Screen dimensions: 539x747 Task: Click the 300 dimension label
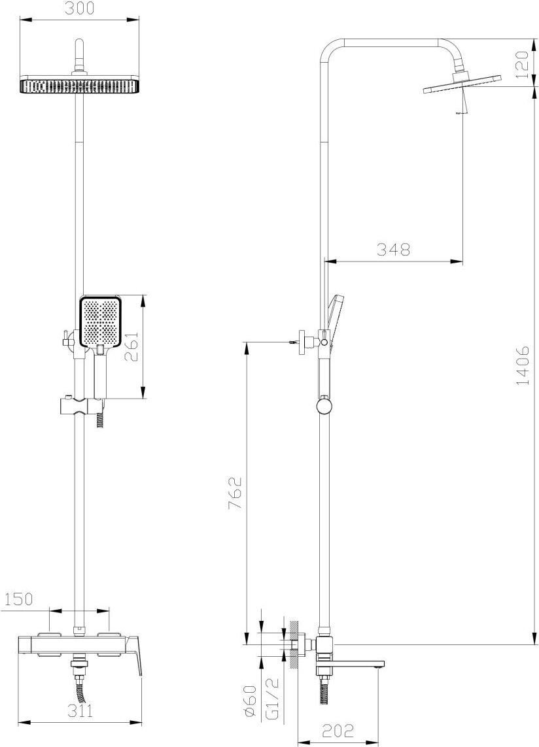(80, 8)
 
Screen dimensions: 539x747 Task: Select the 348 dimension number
(394, 249)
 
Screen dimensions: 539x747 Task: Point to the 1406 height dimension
(523, 366)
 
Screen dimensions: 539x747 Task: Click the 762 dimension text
(236, 493)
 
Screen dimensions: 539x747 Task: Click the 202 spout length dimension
(338, 730)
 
